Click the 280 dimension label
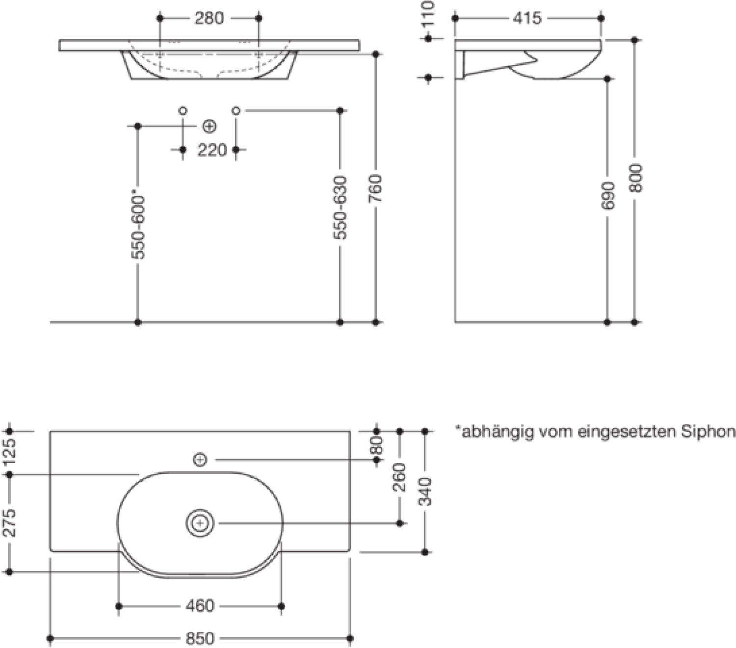tap(209, 18)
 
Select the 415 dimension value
tap(527, 18)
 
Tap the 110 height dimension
tap(428, 14)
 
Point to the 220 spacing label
tap(212, 150)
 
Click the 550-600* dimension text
tap(138, 227)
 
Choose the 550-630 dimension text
tap(341, 208)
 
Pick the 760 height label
tap(376, 188)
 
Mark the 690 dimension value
tap(607, 196)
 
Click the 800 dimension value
tap(635, 178)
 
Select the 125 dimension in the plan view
tap(9, 453)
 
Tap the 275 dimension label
tap(9, 523)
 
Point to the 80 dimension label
tap(377, 445)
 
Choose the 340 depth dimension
tap(425, 492)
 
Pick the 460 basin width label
tap(200, 606)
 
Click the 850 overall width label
tap(200, 638)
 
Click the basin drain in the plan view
tap(200, 523)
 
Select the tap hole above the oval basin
tap(200, 460)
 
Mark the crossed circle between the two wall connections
tap(209, 127)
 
